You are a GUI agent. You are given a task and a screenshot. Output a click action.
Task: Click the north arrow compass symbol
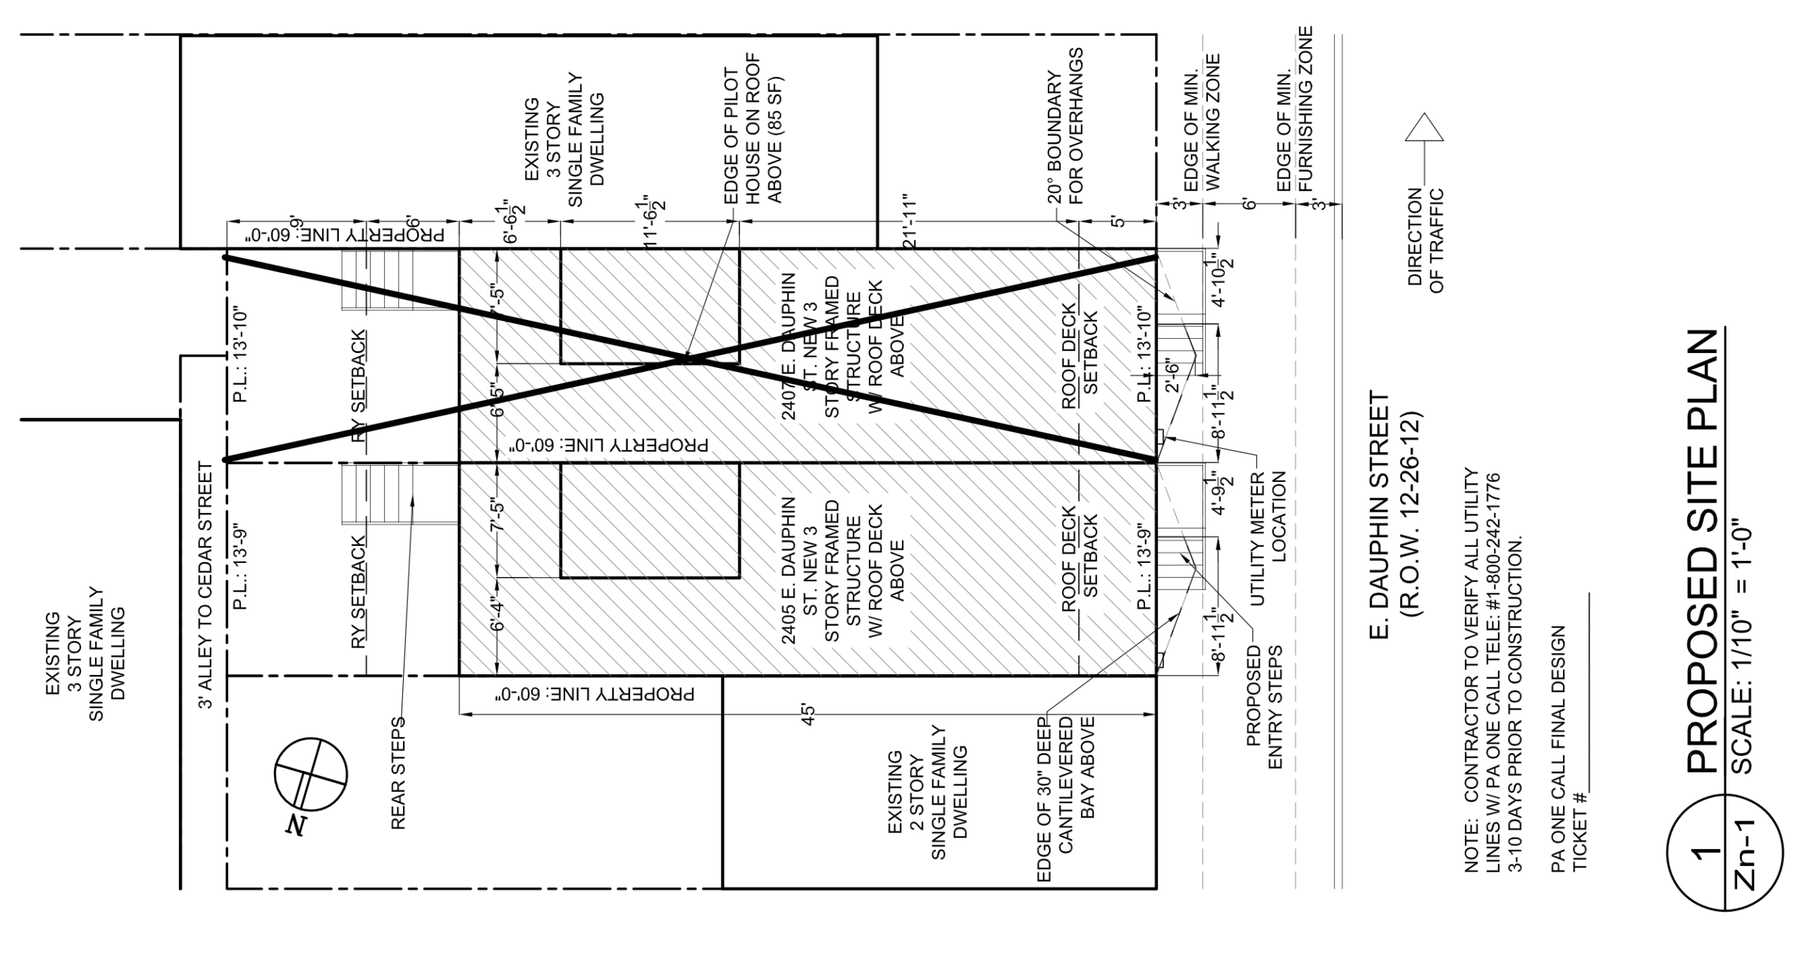tap(310, 776)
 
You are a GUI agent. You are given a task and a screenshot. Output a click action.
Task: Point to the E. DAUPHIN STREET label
tap(1380, 515)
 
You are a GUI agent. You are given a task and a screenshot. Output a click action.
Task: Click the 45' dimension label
tap(808, 715)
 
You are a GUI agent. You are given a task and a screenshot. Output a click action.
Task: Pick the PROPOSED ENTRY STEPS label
tap(1264, 707)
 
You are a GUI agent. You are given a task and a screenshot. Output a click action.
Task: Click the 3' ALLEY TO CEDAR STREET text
tap(205, 585)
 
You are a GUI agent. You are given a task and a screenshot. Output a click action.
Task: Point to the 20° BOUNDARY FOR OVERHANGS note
tap(1064, 127)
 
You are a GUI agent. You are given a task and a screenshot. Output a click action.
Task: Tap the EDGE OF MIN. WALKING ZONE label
tap(1201, 123)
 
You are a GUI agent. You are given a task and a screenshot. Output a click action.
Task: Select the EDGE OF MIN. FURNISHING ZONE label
tap(1295, 109)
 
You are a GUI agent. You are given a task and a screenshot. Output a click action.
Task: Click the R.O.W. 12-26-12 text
tap(1410, 514)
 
